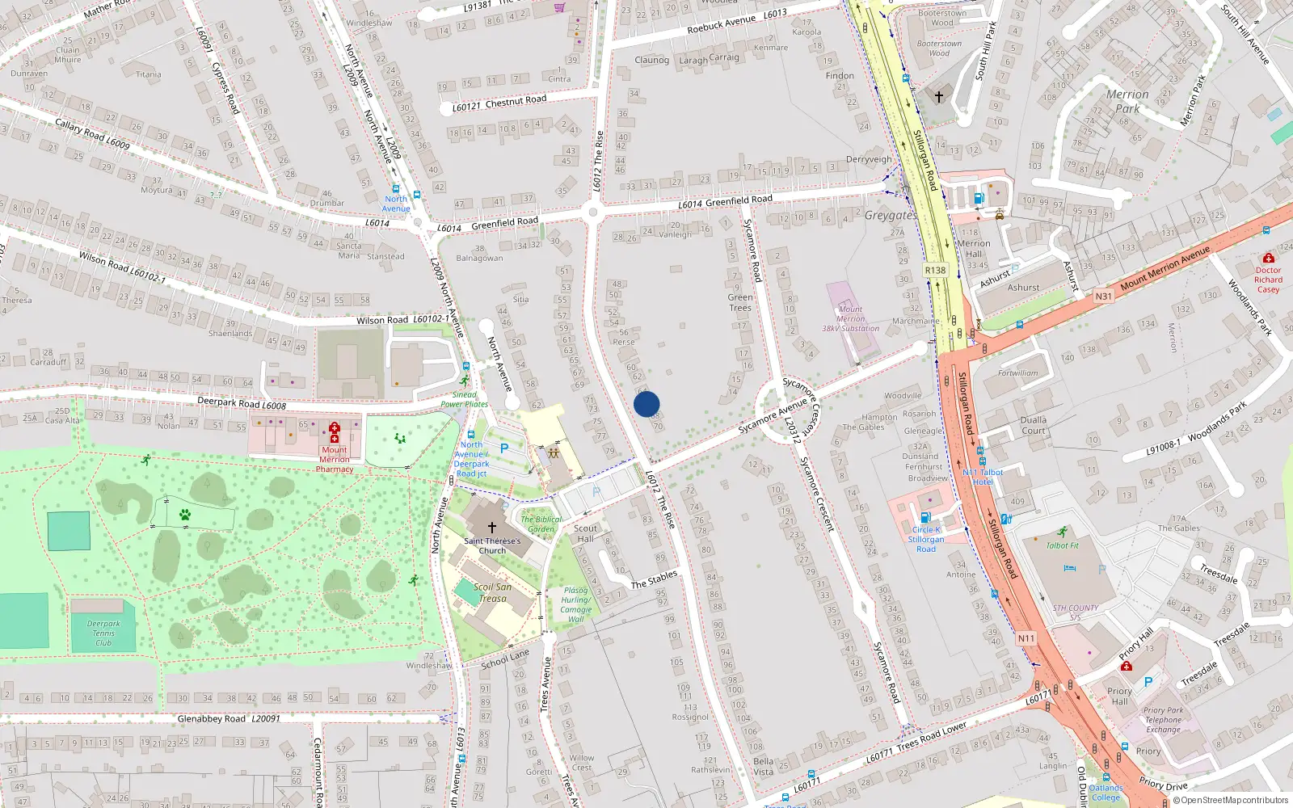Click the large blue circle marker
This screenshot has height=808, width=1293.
click(x=646, y=404)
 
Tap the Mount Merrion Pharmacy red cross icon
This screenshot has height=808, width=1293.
click(x=335, y=431)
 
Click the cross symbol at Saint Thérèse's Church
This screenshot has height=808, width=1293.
click(x=491, y=527)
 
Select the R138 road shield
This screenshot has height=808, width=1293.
click(x=935, y=270)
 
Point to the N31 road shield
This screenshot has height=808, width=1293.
click(x=1103, y=297)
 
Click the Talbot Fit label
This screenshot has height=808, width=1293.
click(x=1062, y=545)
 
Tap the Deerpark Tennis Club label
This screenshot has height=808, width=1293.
click(x=103, y=633)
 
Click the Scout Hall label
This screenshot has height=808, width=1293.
click(x=586, y=533)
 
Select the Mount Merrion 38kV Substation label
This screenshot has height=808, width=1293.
click(x=850, y=319)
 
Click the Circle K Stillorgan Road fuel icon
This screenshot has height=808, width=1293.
click(x=925, y=517)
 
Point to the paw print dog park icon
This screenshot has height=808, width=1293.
click(x=185, y=514)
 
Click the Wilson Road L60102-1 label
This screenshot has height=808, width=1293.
click(x=402, y=320)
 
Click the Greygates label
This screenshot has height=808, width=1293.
click(x=891, y=216)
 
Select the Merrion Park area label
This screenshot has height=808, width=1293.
click(x=1127, y=101)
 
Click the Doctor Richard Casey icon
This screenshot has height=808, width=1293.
click(x=1268, y=258)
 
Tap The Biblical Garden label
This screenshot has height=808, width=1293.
click(x=541, y=524)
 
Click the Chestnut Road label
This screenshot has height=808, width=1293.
click(x=499, y=103)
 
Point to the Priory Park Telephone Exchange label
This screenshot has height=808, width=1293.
click(x=1163, y=720)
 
